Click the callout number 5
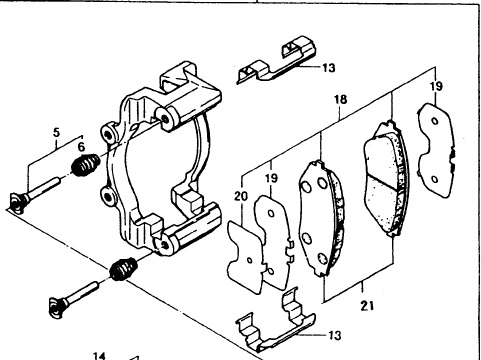(x=56, y=132)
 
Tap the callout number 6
(x=81, y=147)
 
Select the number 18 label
(x=340, y=99)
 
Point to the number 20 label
(x=241, y=196)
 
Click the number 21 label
(x=367, y=305)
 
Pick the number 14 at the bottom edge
(x=99, y=356)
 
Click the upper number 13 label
(x=329, y=68)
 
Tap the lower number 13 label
(x=335, y=335)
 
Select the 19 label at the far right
(x=436, y=86)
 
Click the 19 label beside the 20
(x=272, y=178)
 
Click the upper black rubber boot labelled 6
(x=85, y=164)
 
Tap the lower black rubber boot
(x=123, y=269)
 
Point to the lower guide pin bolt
(x=74, y=297)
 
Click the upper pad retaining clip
(x=276, y=60)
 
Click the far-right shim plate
(x=435, y=150)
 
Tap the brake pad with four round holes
(x=321, y=218)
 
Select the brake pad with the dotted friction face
(x=387, y=178)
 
